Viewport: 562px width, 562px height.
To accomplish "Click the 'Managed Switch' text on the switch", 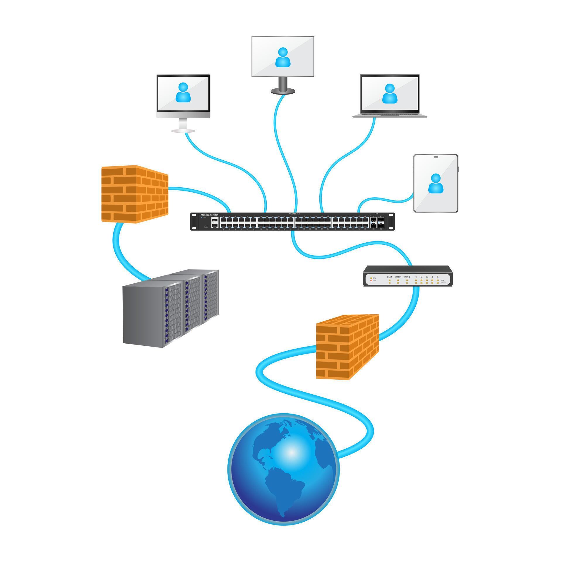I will pyautogui.click(x=209, y=215).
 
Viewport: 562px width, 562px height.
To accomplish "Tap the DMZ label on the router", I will pyautogui.click(x=389, y=277).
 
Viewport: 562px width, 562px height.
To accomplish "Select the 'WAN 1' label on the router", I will pyautogui.click(x=398, y=277).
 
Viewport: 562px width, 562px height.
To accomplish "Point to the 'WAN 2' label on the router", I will pyautogui.click(x=407, y=277).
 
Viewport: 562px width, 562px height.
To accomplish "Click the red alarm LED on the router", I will pyautogui.click(x=371, y=281).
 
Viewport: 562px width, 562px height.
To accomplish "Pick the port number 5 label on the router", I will pyautogui.click(x=438, y=277).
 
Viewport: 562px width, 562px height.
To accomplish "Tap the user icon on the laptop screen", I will pyautogui.click(x=390, y=93).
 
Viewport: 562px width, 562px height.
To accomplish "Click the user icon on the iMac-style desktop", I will pyautogui.click(x=183, y=92).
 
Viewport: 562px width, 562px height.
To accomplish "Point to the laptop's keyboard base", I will pyautogui.click(x=390, y=116).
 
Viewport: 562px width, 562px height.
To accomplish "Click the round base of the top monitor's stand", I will pyautogui.click(x=282, y=91).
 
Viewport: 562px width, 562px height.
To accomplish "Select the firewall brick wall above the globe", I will pyautogui.click(x=347, y=347).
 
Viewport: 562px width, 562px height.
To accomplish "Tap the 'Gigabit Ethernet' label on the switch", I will pyautogui.click(x=294, y=214).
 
